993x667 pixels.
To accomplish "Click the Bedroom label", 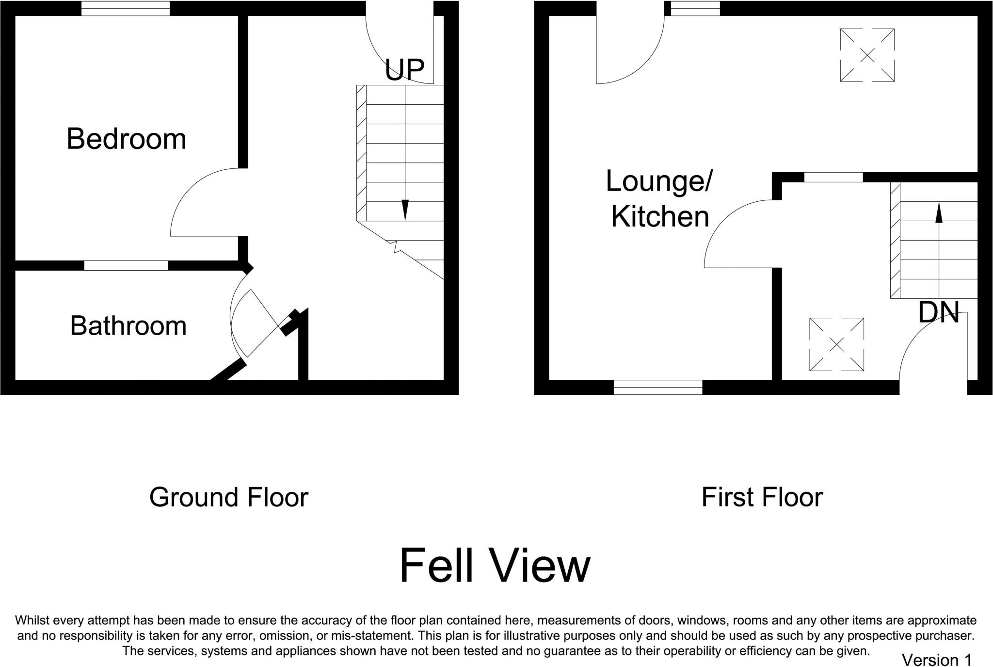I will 126,139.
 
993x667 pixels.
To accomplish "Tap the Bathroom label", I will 128,326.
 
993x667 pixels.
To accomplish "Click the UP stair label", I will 404,70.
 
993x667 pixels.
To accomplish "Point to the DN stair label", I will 939,313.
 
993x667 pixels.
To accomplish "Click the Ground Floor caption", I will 229,497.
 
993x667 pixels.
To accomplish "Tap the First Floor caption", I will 762,497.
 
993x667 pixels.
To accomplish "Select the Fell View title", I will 495,566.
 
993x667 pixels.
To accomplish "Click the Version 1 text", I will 937,660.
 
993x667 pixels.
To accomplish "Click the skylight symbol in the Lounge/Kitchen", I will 867,55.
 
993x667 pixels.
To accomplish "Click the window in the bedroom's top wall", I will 126,9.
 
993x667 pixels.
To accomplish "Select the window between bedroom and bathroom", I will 126,265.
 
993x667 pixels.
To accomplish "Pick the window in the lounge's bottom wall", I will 658,387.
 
